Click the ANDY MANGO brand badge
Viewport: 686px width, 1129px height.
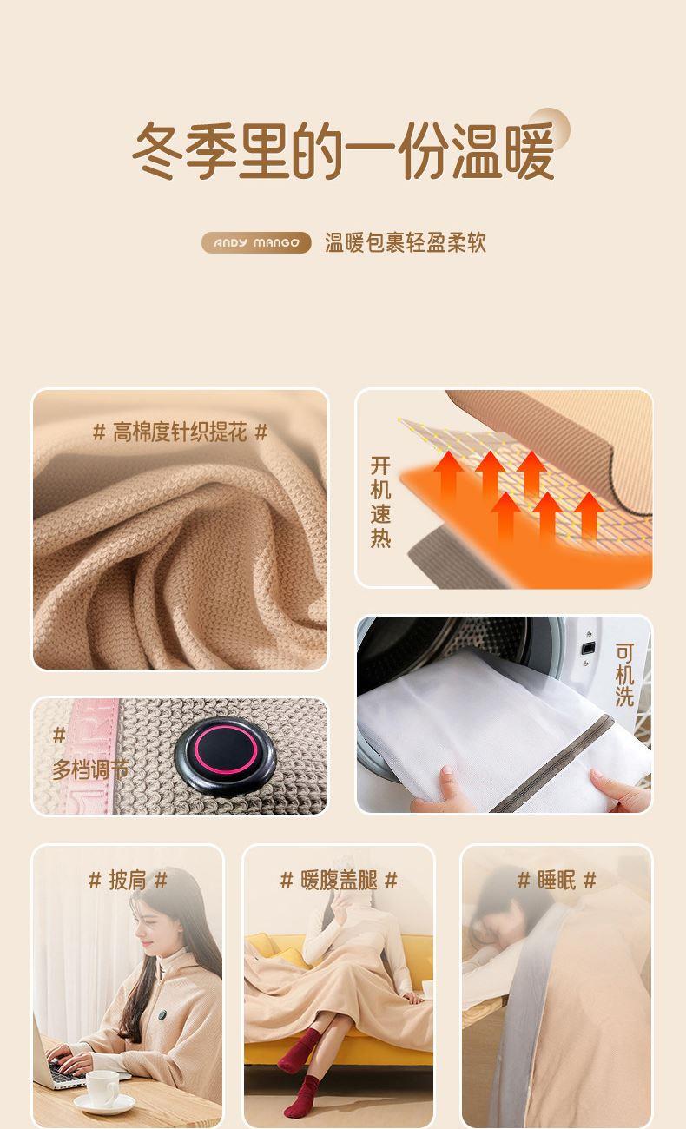[256, 242]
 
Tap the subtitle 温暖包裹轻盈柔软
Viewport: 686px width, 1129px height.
[406, 242]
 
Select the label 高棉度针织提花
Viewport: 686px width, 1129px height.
[180, 432]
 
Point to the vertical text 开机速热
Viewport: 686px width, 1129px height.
[380, 501]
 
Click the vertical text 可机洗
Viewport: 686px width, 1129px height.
[624, 675]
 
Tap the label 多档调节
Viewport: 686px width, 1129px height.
[89, 769]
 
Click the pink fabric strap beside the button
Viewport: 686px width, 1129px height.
[93, 756]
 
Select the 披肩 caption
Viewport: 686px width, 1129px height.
[128, 881]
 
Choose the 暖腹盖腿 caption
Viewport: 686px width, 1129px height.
[340, 881]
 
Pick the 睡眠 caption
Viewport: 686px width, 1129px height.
[557, 881]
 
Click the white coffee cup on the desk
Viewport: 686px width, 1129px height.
[104, 1092]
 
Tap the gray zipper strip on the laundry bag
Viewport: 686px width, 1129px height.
[552, 763]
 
